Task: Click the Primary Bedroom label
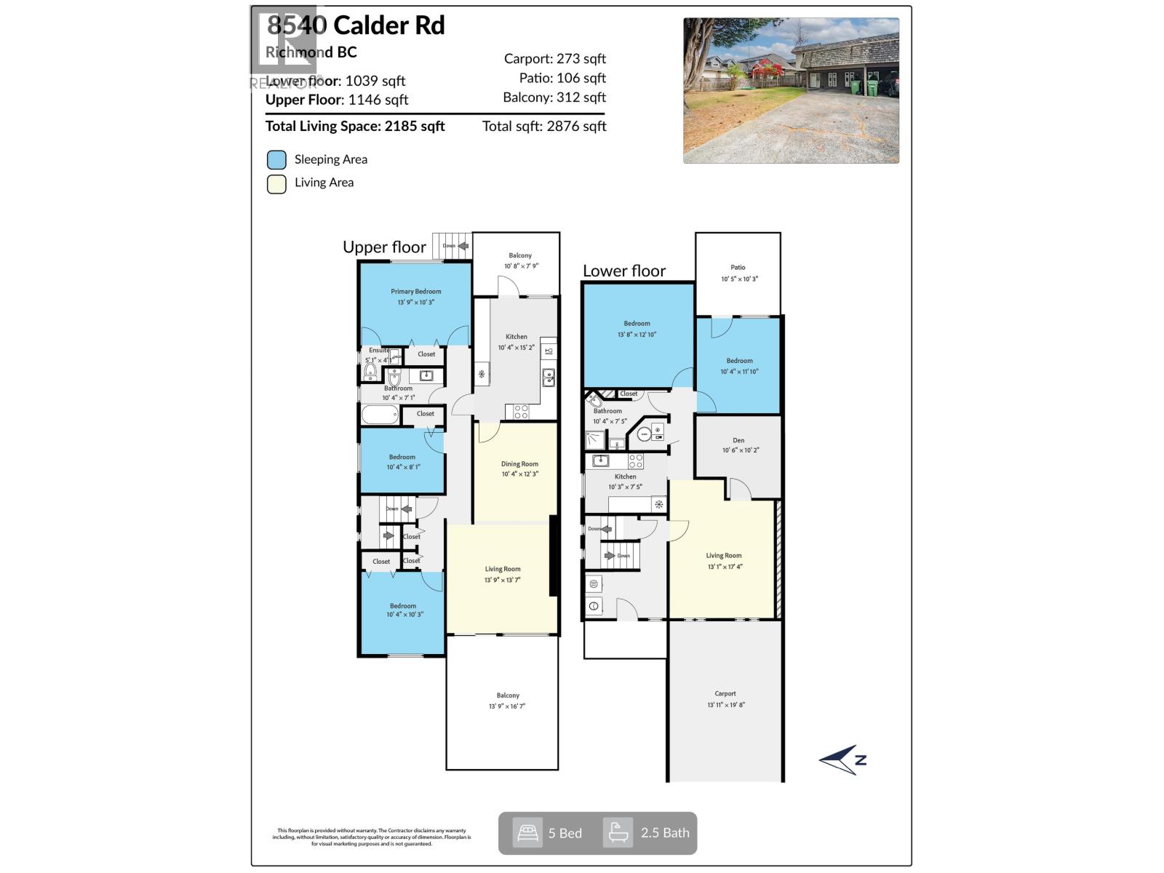415,292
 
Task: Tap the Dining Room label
519,464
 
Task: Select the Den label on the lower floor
738,440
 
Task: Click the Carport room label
725,694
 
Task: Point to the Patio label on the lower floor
738,268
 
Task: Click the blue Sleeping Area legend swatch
276,160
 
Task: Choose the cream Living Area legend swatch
276,184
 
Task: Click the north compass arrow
843,760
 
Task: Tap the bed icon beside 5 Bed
527,833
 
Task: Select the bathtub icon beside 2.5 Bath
618,833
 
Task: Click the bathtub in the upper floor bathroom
380,415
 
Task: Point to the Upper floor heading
384,247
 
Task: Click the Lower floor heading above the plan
624,271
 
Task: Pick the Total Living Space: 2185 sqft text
355,127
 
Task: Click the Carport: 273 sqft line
554,59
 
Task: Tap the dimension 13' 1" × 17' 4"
725,567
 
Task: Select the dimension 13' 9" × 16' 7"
507,706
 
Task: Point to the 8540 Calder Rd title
356,26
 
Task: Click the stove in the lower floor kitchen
636,461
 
